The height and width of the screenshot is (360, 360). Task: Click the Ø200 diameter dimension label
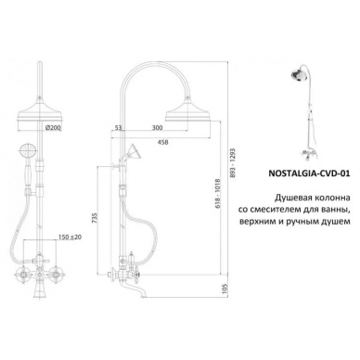52,127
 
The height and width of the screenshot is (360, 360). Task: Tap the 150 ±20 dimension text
70,237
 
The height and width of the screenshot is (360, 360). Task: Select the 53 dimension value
118,128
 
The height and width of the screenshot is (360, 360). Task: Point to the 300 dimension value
157,128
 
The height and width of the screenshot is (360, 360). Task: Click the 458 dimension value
162,142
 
